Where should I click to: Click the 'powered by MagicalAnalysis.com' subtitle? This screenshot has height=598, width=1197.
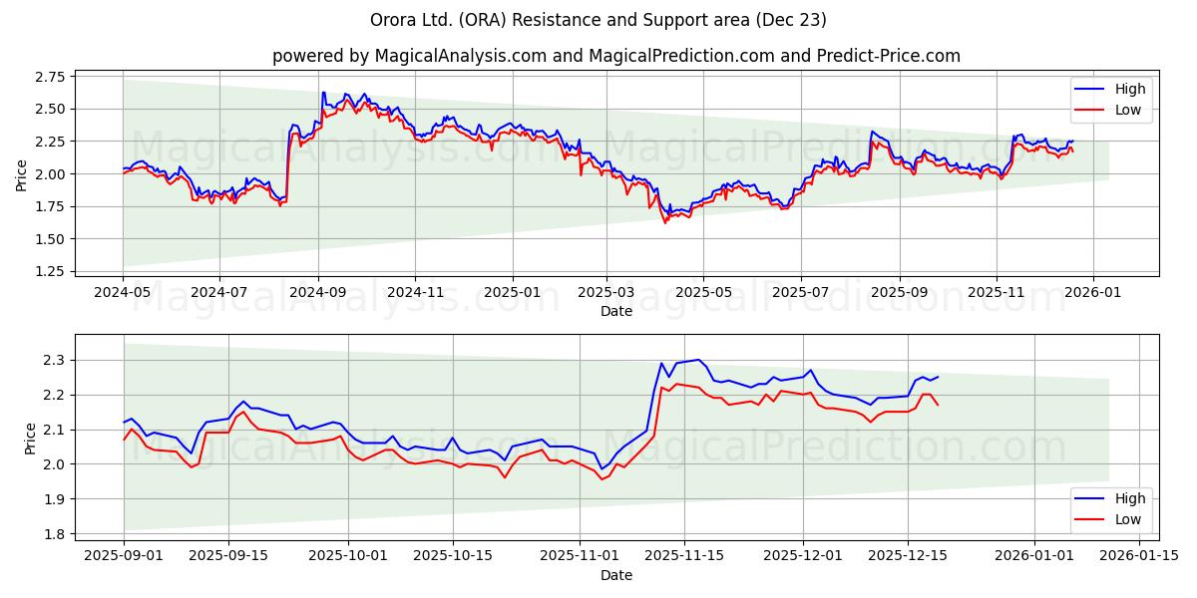pyautogui.click(x=616, y=56)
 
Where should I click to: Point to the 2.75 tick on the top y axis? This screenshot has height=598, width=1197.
pyautogui.click(x=49, y=77)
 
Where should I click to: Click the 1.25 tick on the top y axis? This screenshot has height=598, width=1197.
pyautogui.click(x=49, y=271)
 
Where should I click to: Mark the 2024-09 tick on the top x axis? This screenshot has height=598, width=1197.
pyautogui.click(x=318, y=293)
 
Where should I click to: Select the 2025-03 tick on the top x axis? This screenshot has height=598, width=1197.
pyautogui.click(x=606, y=293)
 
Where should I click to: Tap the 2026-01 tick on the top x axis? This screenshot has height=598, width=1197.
pyautogui.click(x=1092, y=293)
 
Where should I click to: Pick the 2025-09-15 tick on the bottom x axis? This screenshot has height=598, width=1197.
pyautogui.click(x=228, y=556)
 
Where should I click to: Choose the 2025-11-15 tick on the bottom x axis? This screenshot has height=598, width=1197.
pyautogui.click(x=684, y=556)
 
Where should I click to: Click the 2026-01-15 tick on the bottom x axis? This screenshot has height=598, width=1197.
pyautogui.click(x=1139, y=556)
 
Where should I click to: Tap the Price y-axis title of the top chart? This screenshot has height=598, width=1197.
pyautogui.click(x=22, y=173)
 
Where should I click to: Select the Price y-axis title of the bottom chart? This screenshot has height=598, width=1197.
pyautogui.click(x=30, y=439)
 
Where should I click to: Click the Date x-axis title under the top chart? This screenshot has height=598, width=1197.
pyautogui.click(x=616, y=311)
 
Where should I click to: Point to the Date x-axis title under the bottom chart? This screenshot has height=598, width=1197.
pyautogui.click(x=616, y=575)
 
